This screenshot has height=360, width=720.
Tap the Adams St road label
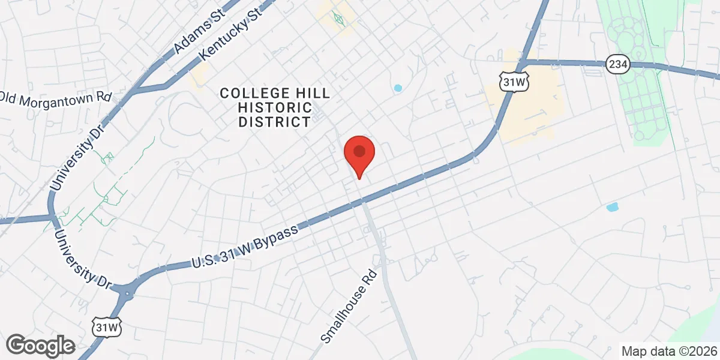tap(197, 34)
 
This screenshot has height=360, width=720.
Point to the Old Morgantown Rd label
tap(56, 98)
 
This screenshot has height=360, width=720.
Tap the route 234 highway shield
tap(617, 63)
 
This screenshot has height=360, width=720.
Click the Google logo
tap(41, 346)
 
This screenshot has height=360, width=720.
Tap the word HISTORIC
tap(275, 108)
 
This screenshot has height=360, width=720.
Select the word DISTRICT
tap(274, 122)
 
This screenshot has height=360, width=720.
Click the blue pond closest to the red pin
tap(397, 88)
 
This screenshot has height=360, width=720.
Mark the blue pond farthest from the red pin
tap(612, 208)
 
